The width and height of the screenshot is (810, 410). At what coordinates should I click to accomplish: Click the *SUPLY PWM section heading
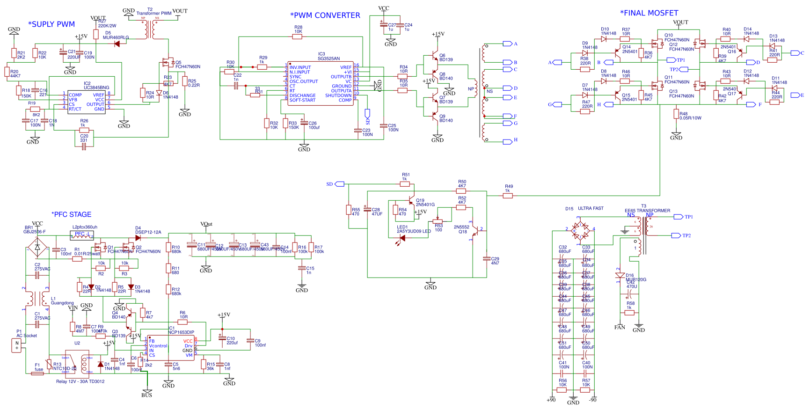click(x=51, y=24)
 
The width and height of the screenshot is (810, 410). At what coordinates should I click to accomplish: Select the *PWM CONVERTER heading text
click(x=325, y=15)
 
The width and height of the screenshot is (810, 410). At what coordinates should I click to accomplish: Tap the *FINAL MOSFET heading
click(x=649, y=13)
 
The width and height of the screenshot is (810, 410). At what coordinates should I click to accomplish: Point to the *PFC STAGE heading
click(x=71, y=214)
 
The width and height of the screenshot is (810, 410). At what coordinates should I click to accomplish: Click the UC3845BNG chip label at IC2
click(x=96, y=88)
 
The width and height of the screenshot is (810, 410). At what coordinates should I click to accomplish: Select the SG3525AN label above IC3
click(x=328, y=59)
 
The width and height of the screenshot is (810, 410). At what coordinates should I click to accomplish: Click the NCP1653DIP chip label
click(x=181, y=332)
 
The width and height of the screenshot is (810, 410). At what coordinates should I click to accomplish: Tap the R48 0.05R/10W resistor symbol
click(x=676, y=114)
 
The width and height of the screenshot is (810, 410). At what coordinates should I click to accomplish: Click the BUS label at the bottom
click(x=146, y=395)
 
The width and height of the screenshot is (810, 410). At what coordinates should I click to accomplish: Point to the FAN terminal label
click(x=620, y=327)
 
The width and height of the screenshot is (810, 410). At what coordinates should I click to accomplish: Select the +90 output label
click(x=551, y=400)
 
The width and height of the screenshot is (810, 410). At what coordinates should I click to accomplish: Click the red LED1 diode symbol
click(x=401, y=238)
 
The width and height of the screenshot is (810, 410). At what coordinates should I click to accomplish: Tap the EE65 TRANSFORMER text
click(x=647, y=211)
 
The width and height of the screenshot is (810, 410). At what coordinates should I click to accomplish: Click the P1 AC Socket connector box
click(x=17, y=346)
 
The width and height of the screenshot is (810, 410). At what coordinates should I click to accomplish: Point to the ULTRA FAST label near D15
click(x=591, y=208)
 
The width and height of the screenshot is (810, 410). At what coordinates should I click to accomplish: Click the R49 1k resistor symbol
click(x=508, y=196)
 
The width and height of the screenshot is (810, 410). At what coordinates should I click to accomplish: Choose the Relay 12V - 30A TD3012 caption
click(x=80, y=381)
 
